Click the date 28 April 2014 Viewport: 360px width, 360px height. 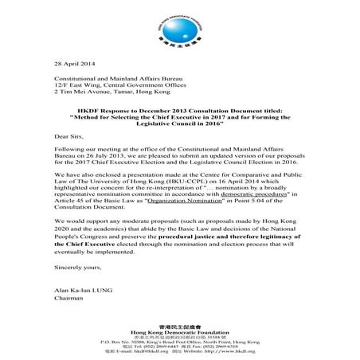coord(74,63)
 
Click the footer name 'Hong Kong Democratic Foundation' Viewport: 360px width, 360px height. coord(179,331)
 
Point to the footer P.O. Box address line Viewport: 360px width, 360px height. coord(179,338)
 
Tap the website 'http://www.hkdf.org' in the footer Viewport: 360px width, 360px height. coord(224,350)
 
